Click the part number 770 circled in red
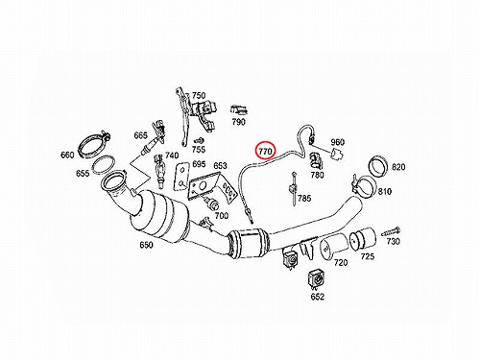(x=265, y=151)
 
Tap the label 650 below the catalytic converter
(x=146, y=245)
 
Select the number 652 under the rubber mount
(x=318, y=297)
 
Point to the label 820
(x=398, y=167)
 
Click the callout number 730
(x=394, y=241)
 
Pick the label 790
(x=239, y=122)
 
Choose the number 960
(x=337, y=142)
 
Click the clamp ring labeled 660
(x=94, y=146)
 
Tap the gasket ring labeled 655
(x=103, y=165)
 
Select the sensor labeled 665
(x=155, y=136)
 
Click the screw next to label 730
(x=391, y=231)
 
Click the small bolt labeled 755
(x=198, y=141)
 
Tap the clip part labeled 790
(x=239, y=109)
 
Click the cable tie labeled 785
(x=294, y=189)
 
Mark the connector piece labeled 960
(x=337, y=155)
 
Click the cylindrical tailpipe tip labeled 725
(x=362, y=240)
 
